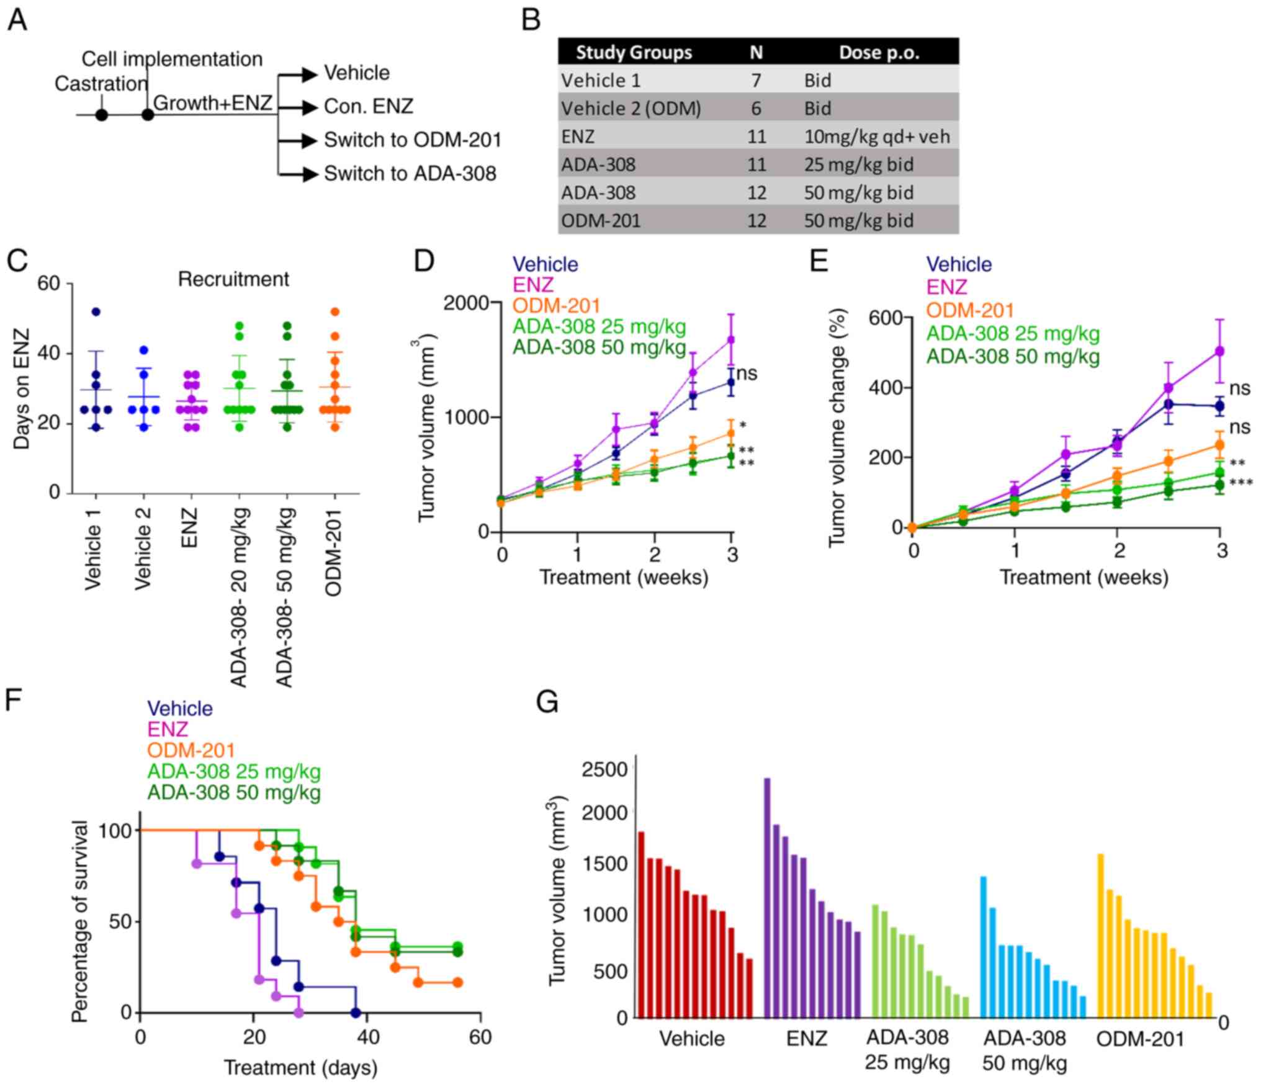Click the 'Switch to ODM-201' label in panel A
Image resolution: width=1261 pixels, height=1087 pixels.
click(412, 140)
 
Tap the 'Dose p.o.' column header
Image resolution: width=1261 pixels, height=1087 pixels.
click(879, 53)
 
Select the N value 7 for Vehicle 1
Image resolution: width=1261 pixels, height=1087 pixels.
click(756, 81)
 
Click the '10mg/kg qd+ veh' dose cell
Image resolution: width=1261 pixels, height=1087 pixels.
click(877, 136)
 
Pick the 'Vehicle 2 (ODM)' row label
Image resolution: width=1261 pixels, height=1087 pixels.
click(631, 109)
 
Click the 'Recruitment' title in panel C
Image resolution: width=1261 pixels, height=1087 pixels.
click(233, 279)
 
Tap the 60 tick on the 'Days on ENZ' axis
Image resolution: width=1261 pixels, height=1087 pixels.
click(49, 284)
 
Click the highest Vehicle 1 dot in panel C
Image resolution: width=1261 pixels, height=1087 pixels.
click(96, 311)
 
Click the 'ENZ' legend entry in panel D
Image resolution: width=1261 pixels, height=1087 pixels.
click(533, 285)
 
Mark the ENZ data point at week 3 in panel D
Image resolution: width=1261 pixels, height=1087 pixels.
click(732, 339)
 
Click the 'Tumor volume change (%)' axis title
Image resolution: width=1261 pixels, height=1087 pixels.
click(837, 428)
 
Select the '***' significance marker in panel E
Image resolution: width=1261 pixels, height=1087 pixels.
click(1241, 483)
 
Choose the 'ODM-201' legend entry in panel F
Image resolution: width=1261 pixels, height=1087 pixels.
click(191, 751)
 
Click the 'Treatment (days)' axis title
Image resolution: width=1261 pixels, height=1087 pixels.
click(300, 1068)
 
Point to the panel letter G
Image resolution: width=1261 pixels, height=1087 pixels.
click(547, 703)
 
